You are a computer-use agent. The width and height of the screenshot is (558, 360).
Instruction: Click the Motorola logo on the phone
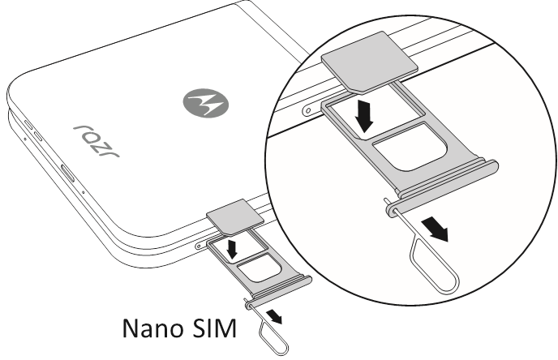[x=206, y=103]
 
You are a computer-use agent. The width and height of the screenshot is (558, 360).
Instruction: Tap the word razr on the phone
[x=97, y=141]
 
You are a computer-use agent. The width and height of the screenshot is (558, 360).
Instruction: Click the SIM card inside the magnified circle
[x=369, y=62]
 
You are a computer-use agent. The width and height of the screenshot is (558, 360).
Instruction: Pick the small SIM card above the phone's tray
[x=235, y=217]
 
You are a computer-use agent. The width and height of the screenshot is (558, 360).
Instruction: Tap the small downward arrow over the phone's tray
[x=233, y=249]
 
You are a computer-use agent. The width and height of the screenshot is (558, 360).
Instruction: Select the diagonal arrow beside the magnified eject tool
[x=435, y=229]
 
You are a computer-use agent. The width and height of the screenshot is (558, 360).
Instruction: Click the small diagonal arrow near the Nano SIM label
[x=274, y=316]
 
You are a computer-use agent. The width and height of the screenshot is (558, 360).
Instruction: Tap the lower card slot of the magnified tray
[x=410, y=147]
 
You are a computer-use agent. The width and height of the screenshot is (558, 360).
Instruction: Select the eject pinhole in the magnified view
[x=308, y=111]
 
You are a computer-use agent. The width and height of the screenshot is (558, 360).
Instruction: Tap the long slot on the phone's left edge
[x=67, y=174]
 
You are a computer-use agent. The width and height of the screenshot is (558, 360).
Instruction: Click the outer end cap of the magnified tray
[x=442, y=187]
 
